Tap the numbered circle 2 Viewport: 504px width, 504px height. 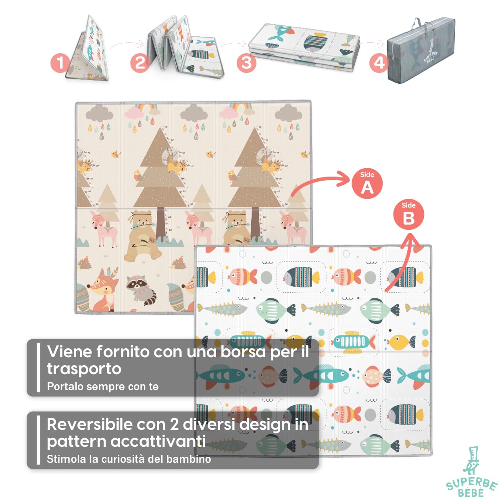[140, 63]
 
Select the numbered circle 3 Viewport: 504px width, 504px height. [246, 63]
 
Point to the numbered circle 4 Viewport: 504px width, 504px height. [379, 63]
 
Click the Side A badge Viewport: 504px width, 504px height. [367, 184]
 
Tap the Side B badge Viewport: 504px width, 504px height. [408, 215]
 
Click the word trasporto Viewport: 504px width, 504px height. [84, 369]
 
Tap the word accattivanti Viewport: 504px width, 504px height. [158, 441]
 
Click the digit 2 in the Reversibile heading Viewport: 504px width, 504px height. [174, 424]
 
